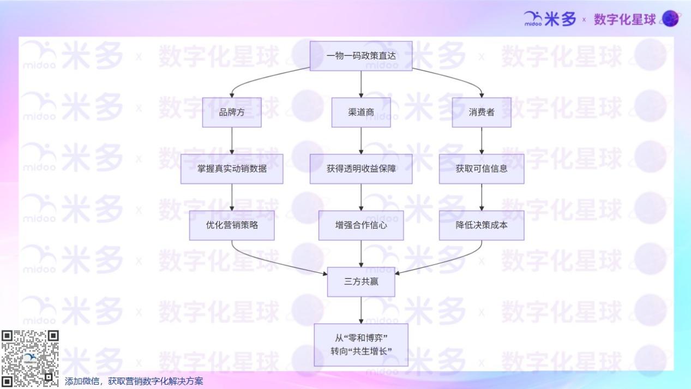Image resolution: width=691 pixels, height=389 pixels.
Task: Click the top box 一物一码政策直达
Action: (x=361, y=56)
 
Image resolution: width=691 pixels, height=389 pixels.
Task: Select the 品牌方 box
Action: (x=232, y=112)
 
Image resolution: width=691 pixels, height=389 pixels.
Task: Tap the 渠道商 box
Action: (x=361, y=112)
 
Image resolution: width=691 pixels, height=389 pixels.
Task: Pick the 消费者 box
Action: (x=482, y=112)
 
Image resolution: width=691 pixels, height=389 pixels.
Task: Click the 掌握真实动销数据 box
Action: (x=232, y=169)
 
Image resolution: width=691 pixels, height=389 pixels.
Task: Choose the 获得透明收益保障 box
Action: (x=361, y=169)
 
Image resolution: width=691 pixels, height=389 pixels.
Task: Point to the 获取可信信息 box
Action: (x=482, y=169)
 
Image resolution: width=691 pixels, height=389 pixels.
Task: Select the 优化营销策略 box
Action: (x=232, y=225)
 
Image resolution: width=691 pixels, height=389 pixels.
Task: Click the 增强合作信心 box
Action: (x=361, y=225)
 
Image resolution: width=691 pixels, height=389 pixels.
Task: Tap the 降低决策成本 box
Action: (x=482, y=225)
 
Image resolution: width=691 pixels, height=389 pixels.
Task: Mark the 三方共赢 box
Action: (x=361, y=282)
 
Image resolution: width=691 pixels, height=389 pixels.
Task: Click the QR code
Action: (x=30, y=358)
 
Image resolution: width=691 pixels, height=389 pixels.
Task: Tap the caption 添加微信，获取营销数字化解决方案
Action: (x=134, y=381)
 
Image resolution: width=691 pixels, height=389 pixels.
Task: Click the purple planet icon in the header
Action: (x=670, y=19)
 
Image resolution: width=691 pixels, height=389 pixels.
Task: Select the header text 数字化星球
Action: (x=624, y=20)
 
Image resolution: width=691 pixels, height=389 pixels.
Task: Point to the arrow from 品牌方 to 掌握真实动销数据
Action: (x=232, y=140)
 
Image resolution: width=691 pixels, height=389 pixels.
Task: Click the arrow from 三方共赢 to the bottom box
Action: (x=361, y=310)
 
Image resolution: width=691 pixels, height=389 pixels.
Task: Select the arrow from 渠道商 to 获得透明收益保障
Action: (x=361, y=140)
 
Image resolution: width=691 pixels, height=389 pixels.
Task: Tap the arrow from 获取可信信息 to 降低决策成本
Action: (x=482, y=197)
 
